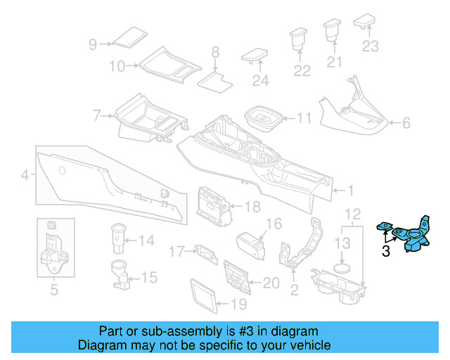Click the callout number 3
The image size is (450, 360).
pyautogui.click(x=386, y=251)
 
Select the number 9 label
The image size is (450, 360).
pyautogui.click(x=92, y=44)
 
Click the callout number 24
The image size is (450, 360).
pyautogui.click(x=260, y=81)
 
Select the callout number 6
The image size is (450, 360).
pyautogui.click(x=406, y=124)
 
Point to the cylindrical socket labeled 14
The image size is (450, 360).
pyautogui.click(x=116, y=239)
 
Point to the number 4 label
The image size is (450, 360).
pyautogui.click(x=25, y=175)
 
